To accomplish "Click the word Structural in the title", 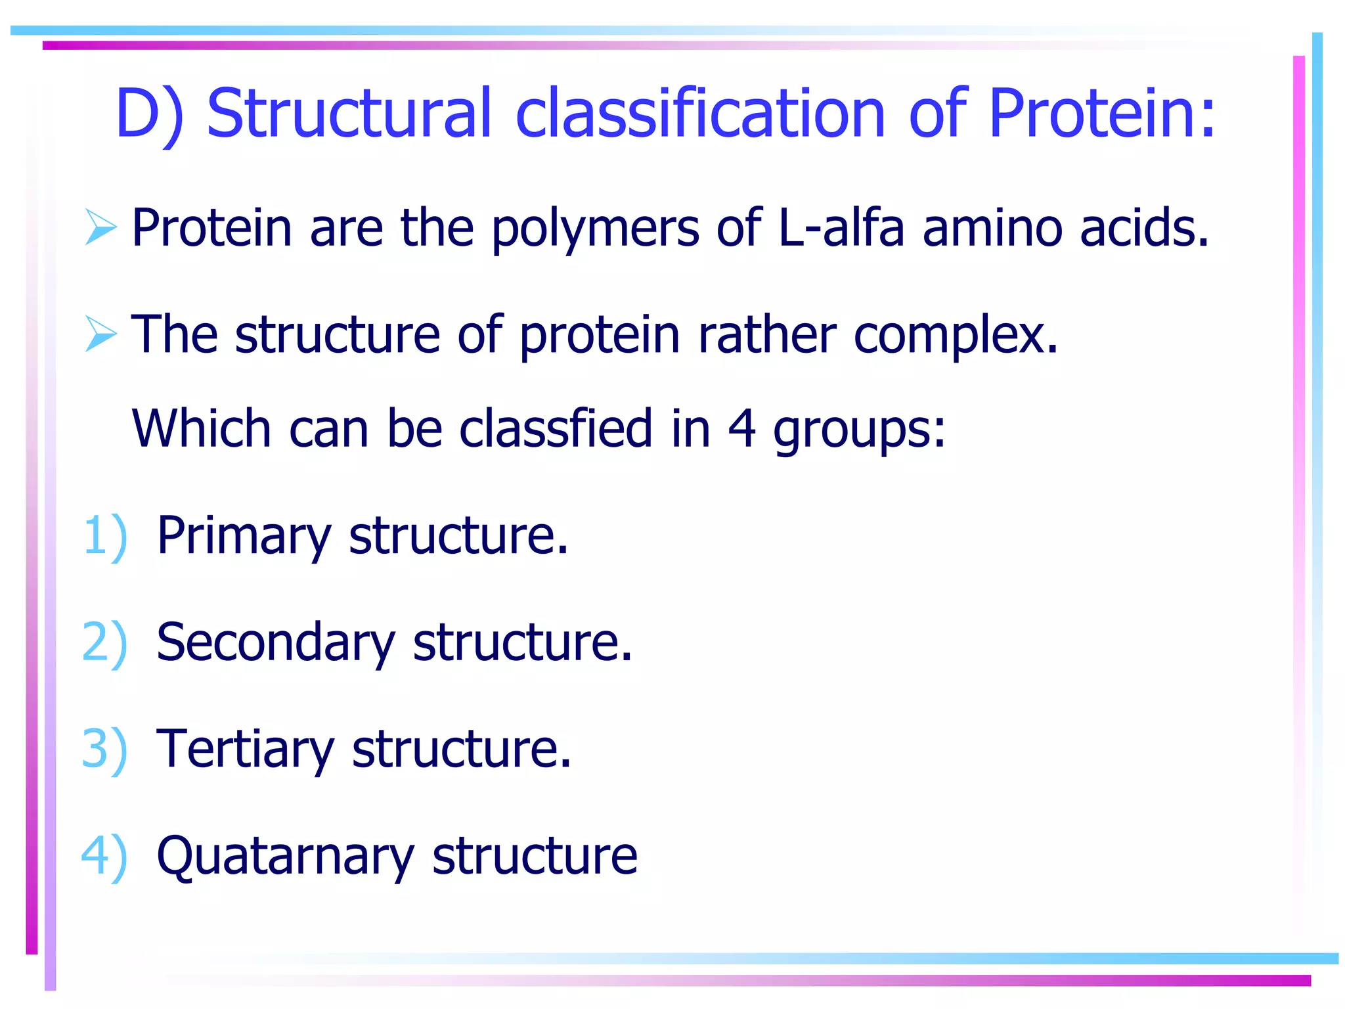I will (349, 113).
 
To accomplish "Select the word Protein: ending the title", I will (1102, 113).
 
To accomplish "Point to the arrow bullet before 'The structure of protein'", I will (100, 334).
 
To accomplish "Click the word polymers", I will (595, 229).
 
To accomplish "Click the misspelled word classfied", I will (556, 428).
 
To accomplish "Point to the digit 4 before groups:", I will (742, 428).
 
